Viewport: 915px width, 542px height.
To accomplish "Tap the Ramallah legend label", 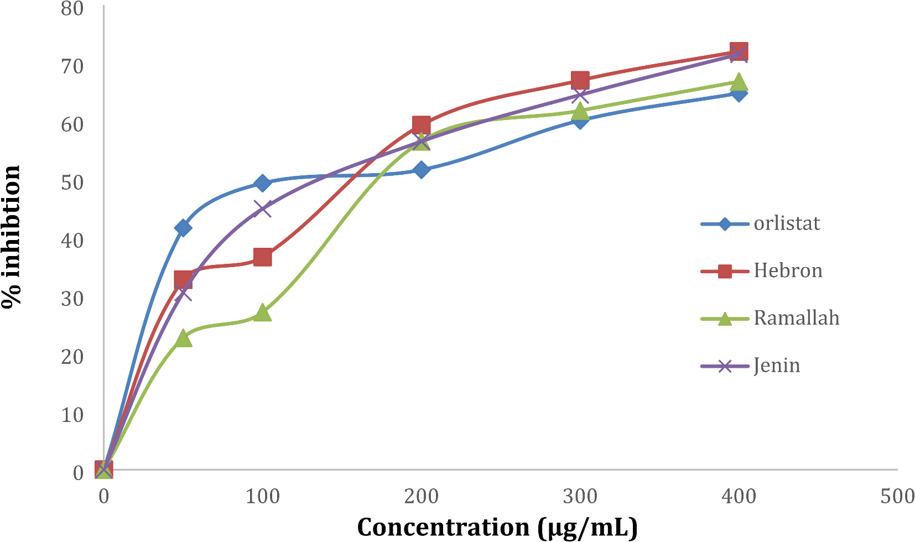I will pos(796,318).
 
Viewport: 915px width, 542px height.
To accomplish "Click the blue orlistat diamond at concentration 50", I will pos(183,228).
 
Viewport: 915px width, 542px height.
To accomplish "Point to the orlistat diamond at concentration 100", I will pos(262,183).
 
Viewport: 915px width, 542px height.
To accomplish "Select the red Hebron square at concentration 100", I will pos(262,257).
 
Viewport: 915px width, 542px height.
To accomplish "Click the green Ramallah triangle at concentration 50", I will pos(183,338).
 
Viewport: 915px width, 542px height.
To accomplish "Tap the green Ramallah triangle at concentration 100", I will pos(262,313).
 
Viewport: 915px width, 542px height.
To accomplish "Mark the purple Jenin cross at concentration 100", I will pos(262,209).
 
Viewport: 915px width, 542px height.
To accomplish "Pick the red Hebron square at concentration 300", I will pos(580,80).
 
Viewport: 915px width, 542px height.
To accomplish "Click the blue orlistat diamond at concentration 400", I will pos(739,93).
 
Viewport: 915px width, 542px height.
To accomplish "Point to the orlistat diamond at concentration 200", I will pos(421,170).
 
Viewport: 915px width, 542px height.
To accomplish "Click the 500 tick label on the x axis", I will pos(897,496).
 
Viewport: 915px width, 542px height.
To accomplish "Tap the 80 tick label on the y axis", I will pos(72,8).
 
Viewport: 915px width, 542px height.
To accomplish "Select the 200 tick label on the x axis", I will pos(421,496).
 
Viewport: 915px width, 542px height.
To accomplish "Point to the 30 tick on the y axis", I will pos(72,299).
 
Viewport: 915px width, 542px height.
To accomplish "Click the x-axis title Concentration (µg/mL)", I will pos(497,527).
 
